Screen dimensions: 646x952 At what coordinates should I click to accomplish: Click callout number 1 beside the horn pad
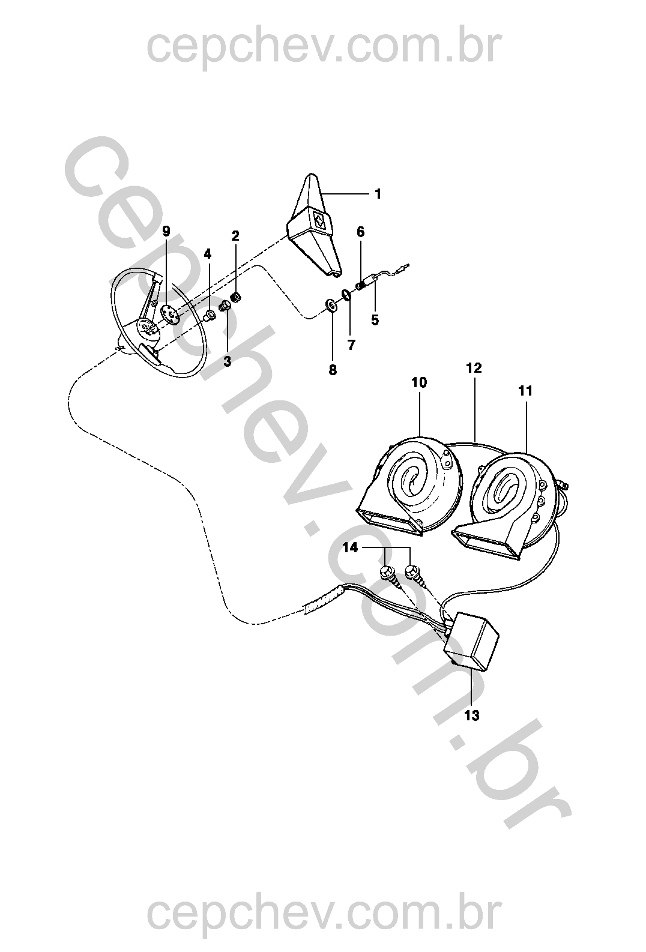378,194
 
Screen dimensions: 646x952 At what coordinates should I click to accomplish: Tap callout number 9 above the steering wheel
166,232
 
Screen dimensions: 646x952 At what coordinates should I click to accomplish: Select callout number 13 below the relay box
472,716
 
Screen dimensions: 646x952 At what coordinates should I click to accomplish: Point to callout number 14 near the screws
350,548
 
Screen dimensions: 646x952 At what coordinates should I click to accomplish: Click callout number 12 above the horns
474,368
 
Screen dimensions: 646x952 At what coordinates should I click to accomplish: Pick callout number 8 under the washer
333,370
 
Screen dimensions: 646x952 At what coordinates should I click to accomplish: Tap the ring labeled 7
346,294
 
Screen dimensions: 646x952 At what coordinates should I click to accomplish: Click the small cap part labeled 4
208,315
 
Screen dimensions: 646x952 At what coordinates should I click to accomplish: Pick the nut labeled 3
225,306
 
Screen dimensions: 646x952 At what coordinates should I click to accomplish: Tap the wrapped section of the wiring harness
323,598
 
